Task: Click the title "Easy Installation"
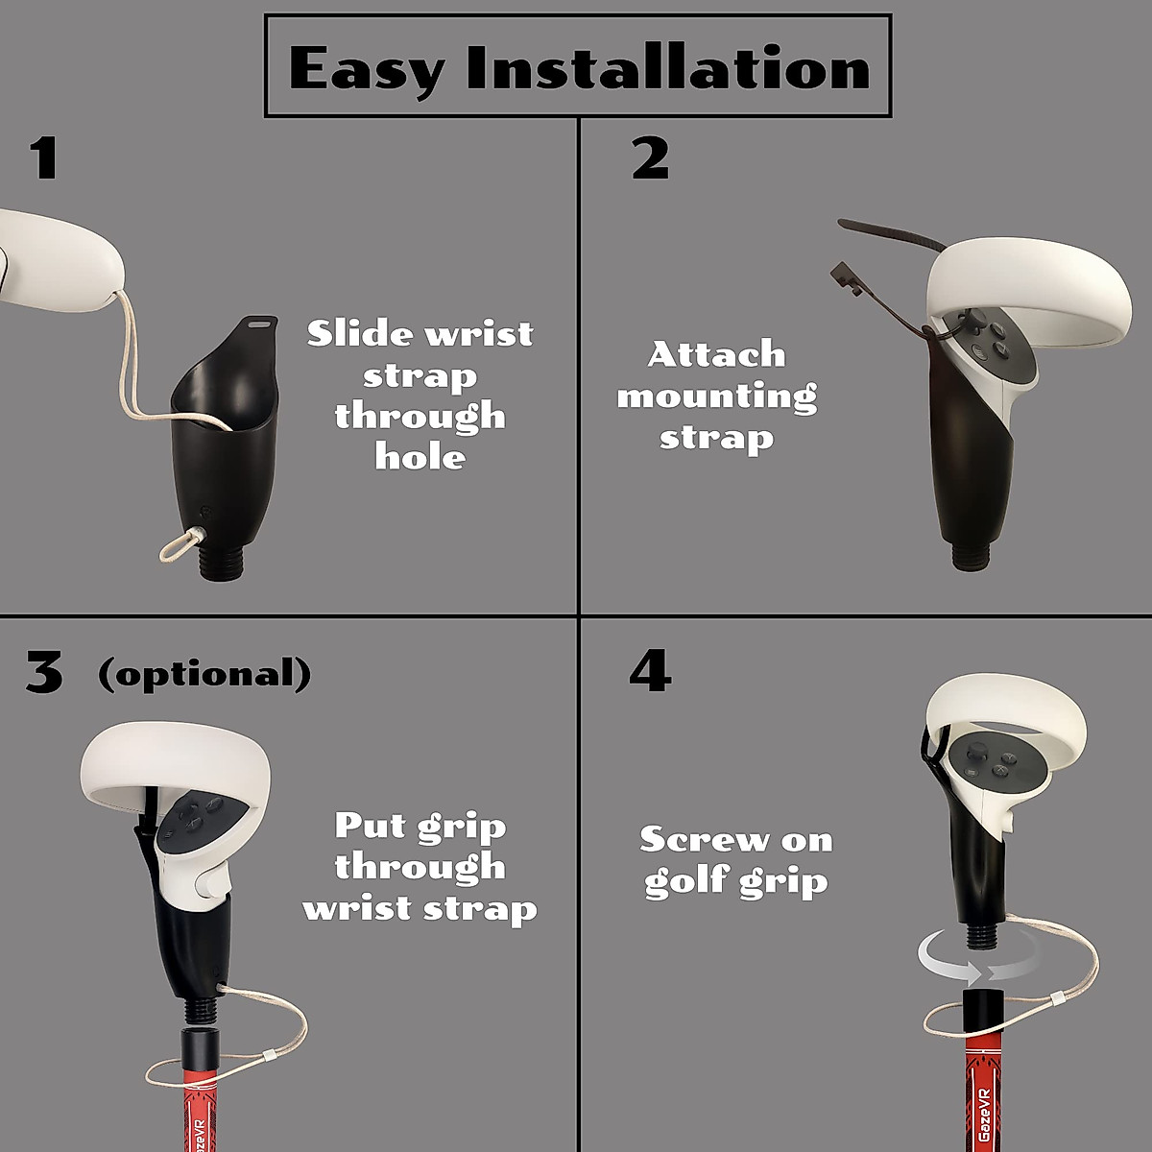click(579, 67)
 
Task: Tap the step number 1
click(43, 159)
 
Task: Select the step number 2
click(650, 159)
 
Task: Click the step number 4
click(650, 671)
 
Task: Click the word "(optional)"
click(204, 674)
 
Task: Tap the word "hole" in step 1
click(420, 457)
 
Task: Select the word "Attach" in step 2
click(716, 354)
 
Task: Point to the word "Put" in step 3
click(370, 826)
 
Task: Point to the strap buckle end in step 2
click(843, 278)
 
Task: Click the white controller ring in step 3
click(173, 758)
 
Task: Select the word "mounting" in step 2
click(716, 396)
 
